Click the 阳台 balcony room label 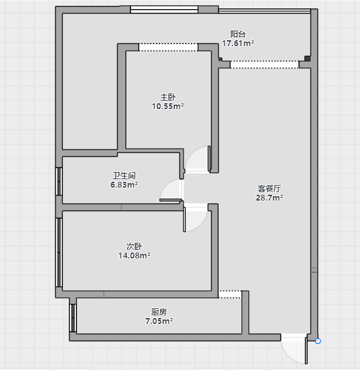(238, 34)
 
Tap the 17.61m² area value (238, 43)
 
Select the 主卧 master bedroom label (168, 97)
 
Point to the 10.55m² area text (168, 106)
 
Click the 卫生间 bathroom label (124, 175)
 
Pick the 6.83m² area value (124, 184)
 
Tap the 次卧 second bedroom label (134, 247)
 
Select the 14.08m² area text (134, 255)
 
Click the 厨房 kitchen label (159, 312)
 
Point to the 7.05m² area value (159, 321)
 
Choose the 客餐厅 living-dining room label (269, 188)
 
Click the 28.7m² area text (269, 197)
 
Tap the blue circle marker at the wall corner (318, 341)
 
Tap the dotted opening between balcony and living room (264, 65)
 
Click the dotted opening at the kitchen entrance (230, 294)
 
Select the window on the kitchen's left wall (73, 318)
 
